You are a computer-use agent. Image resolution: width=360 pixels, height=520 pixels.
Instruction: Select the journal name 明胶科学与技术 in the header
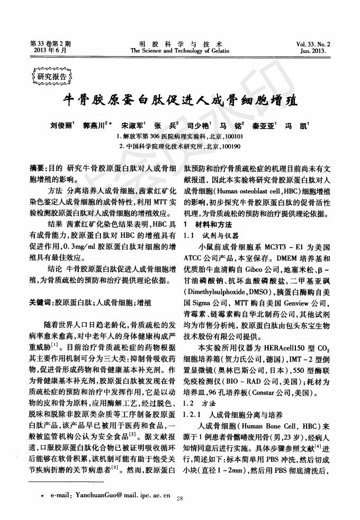[x=179, y=43]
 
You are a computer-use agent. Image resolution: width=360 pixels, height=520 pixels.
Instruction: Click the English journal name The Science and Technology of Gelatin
[x=179, y=51]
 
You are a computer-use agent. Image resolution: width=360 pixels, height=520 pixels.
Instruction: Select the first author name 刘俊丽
[x=62, y=127]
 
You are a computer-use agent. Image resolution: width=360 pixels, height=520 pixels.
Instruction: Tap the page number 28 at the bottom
[x=179, y=498]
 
